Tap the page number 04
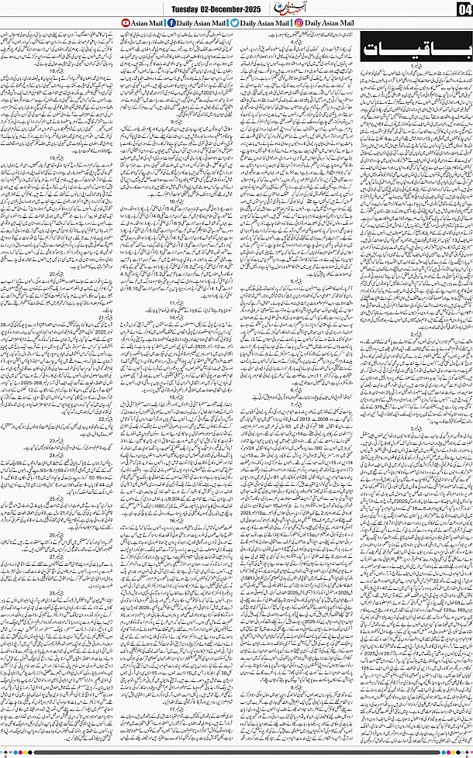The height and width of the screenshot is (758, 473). tap(463, 9)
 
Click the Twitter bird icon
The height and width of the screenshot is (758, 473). tap(234, 23)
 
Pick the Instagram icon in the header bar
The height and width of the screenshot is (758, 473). tap(298, 23)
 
